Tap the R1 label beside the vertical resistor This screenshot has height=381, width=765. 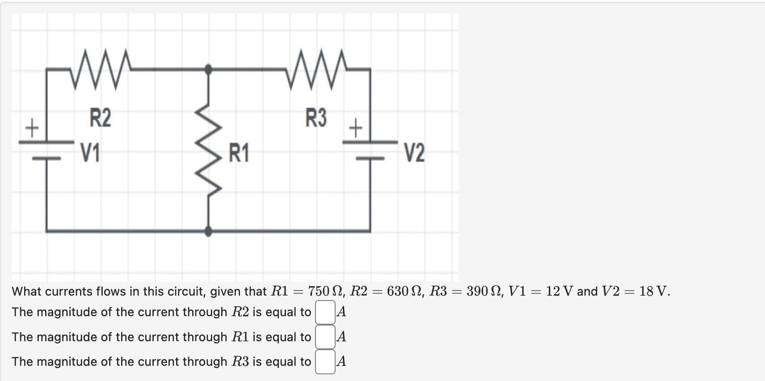pos(239,153)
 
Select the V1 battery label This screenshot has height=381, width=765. pos(90,153)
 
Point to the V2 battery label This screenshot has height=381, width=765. pos(414,153)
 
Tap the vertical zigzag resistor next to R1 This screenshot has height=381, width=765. pos(210,150)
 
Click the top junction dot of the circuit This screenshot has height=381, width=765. pos(208,69)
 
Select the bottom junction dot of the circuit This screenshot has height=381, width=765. pos(208,231)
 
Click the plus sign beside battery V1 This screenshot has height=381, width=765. pos(31,129)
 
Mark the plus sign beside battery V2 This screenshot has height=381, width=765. pos(356,129)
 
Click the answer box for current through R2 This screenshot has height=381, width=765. pos(325,312)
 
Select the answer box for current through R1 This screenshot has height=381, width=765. pos(325,337)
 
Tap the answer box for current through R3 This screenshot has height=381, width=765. pos(325,361)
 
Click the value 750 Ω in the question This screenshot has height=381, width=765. pos(325,292)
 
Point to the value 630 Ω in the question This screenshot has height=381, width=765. pos(404,292)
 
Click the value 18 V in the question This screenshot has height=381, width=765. pos(654,292)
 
